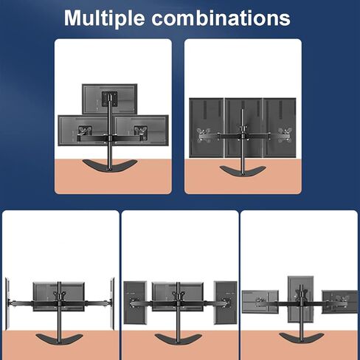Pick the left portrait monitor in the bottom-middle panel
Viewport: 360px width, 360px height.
point(135,302)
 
